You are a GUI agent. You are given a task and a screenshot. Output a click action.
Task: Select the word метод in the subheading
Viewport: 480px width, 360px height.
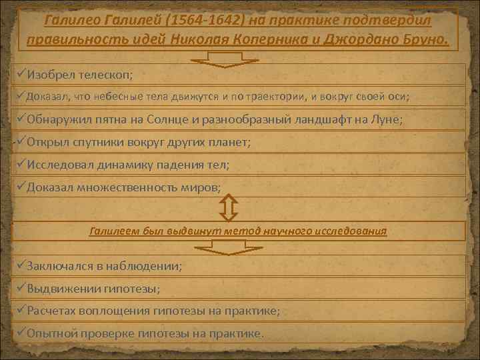point(243,231)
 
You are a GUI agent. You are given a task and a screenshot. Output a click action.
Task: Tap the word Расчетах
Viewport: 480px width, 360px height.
point(52,311)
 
